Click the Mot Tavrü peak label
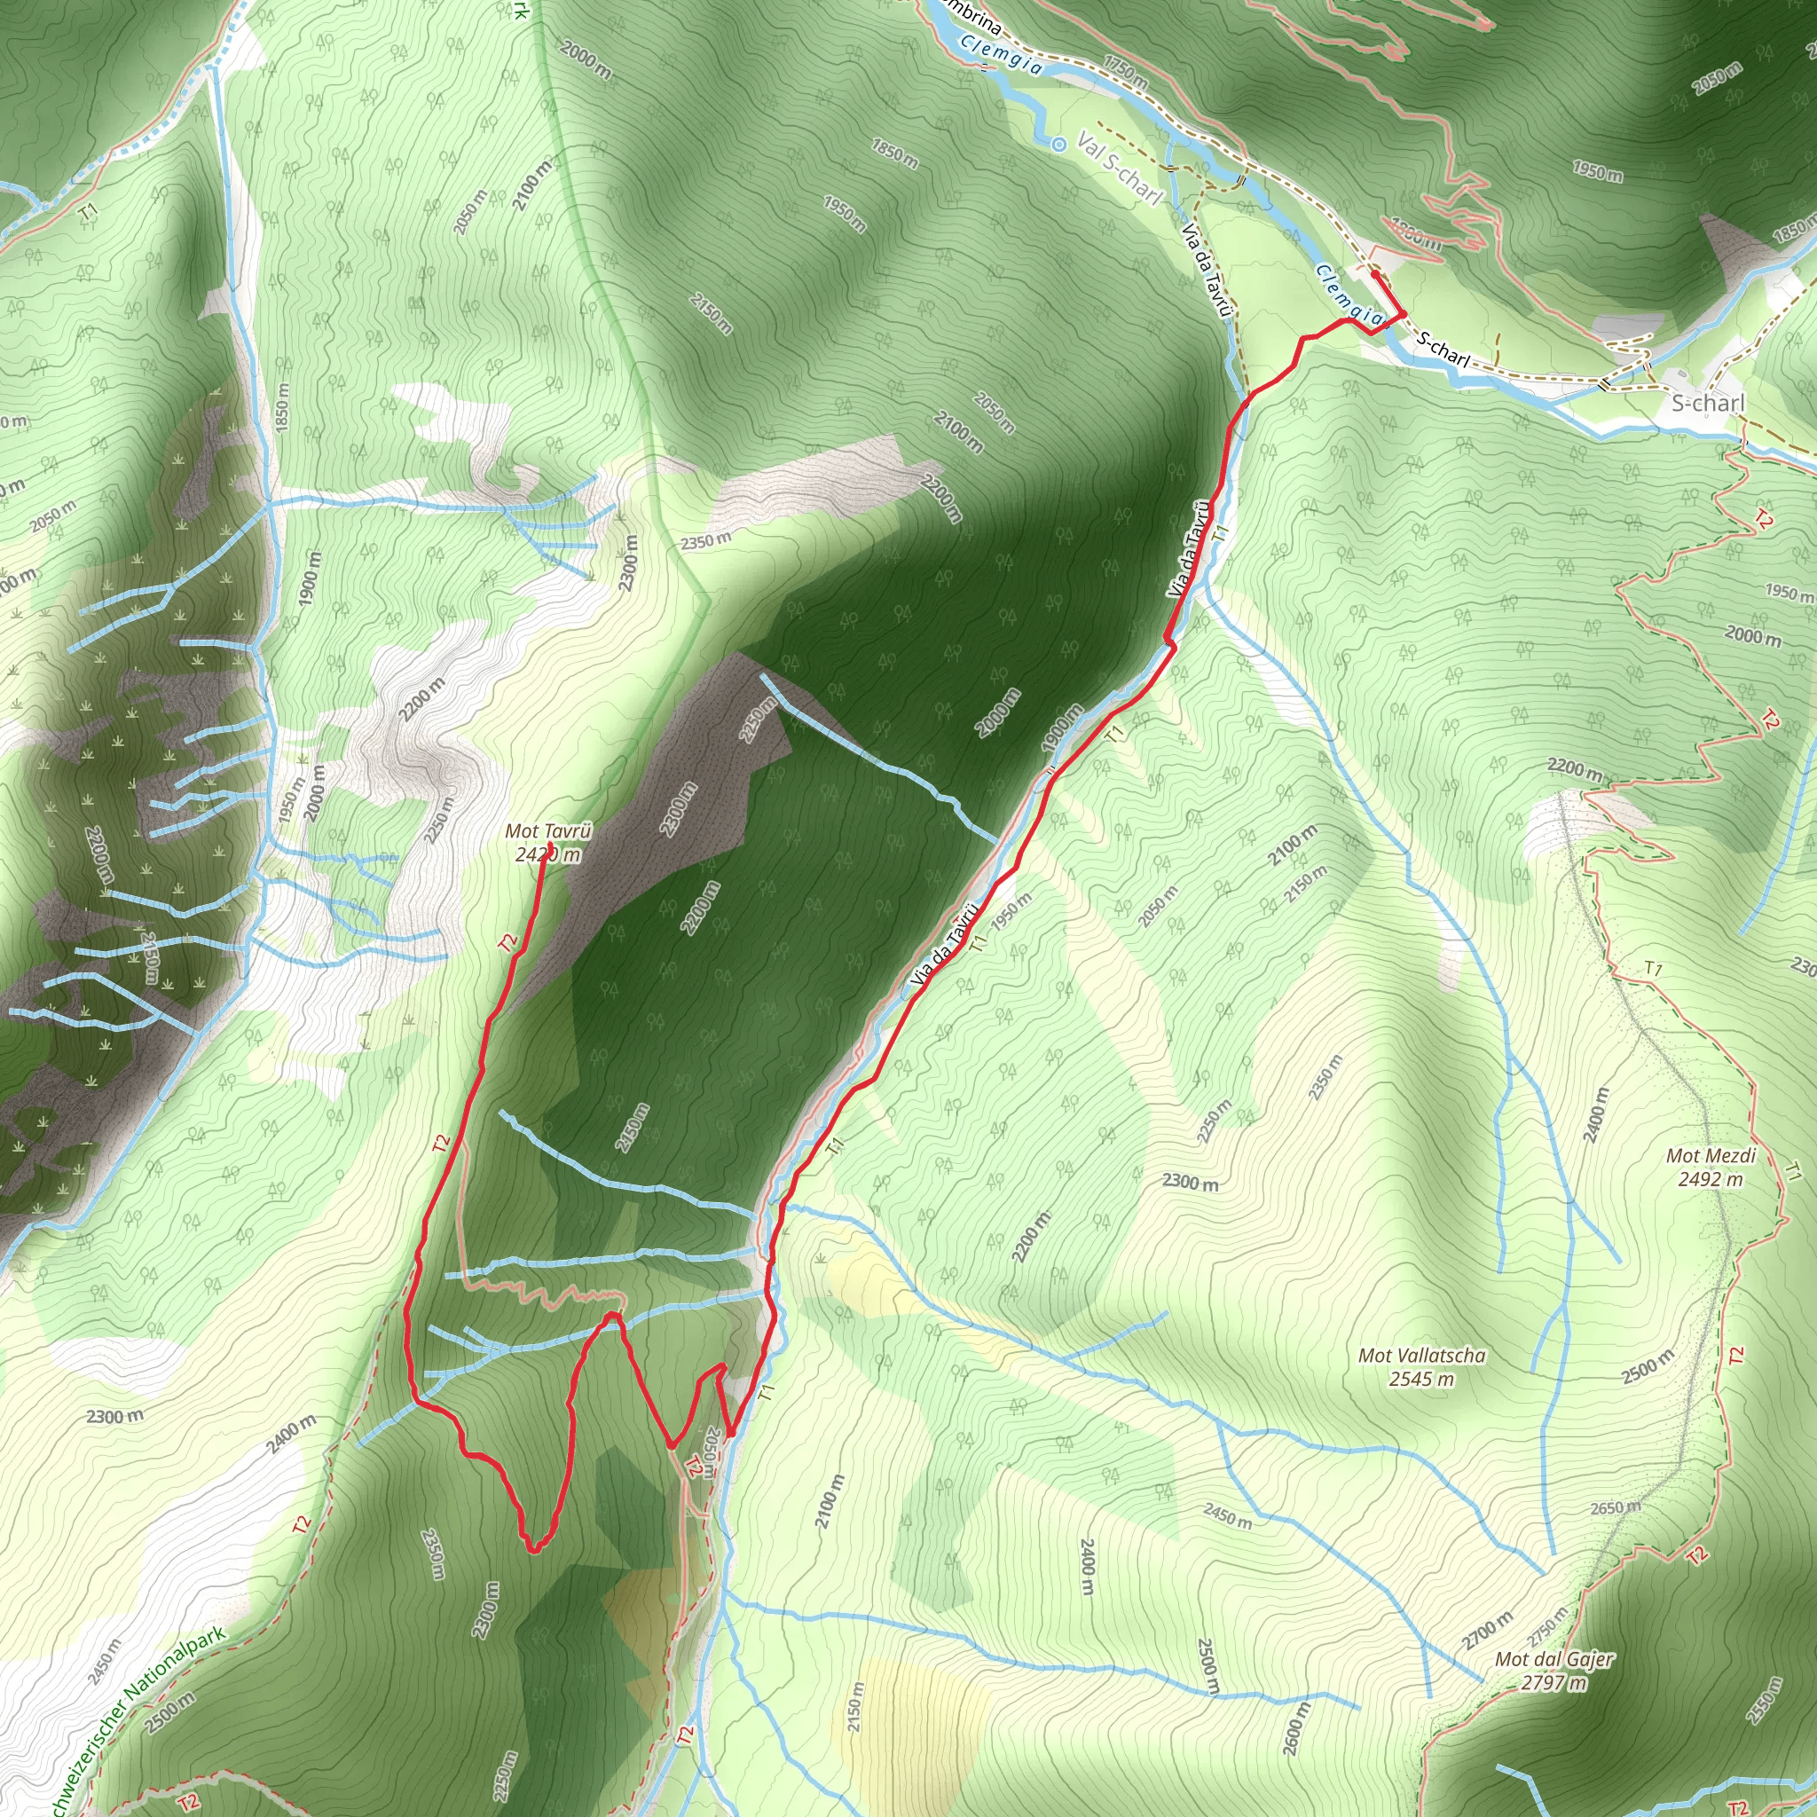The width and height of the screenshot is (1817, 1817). (548, 843)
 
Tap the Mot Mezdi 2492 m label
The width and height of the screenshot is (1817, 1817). (1710, 1168)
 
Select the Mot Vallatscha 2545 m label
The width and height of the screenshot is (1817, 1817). (1422, 1366)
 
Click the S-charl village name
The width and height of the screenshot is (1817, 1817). (1707, 404)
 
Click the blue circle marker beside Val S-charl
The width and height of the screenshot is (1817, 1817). (1059, 144)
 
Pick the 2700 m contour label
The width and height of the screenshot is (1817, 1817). (1487, 1631)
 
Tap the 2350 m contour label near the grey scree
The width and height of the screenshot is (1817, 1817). (705, 541)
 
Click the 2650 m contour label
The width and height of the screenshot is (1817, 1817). (1615, 1507)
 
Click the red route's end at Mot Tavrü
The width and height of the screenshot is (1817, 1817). (545, 855)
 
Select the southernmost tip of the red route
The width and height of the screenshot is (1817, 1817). (533, 1549)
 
